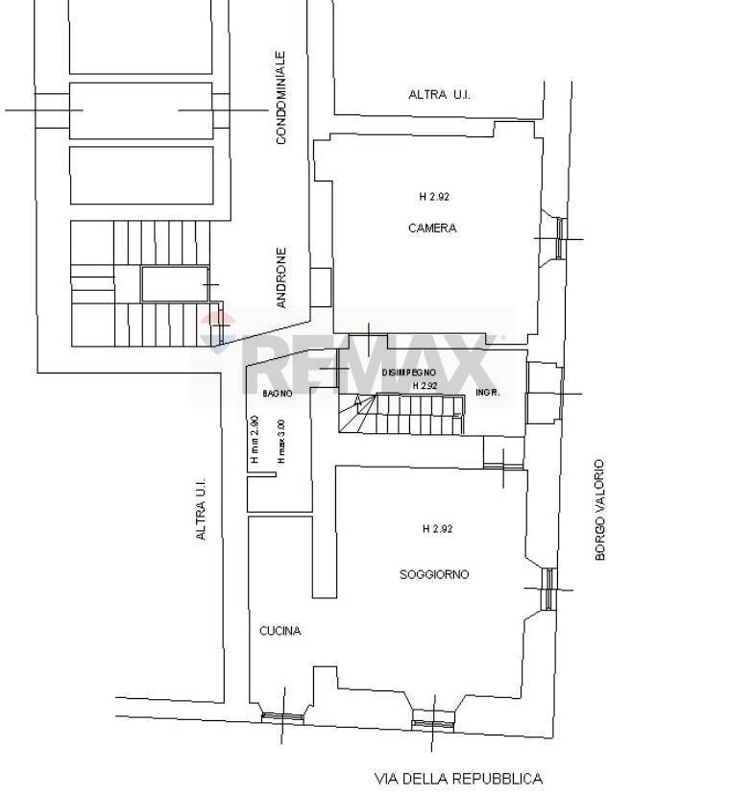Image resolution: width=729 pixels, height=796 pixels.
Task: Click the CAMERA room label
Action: [432, 228]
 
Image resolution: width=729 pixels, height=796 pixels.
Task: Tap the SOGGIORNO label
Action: [434, 574]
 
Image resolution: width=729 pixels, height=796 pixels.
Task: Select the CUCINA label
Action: [279, 631]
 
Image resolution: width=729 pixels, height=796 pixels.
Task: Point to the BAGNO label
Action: [278, 393]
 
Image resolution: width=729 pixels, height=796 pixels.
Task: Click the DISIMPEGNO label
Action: [408, 373]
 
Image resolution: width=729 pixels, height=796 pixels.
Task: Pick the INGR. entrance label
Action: [488, 392]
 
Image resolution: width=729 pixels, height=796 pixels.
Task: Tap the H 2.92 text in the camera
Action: [434, 197]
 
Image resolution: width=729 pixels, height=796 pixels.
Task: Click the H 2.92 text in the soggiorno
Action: [437, 528]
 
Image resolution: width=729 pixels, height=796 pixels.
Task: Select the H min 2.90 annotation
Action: [255, 440]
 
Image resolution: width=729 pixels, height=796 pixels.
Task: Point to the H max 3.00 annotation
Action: [280, 441]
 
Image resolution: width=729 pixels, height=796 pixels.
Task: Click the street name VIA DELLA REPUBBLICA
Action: [458, 778]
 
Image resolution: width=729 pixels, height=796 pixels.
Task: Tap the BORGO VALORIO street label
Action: [599, 510]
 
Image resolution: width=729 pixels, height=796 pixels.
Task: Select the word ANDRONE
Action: [280, 277]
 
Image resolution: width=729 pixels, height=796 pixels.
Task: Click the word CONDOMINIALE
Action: [280, 98]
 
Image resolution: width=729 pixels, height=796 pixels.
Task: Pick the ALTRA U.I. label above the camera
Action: [439, 94]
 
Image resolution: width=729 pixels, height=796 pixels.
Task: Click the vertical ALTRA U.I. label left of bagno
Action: [201, 508]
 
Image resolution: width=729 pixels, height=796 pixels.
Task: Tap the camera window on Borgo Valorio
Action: [561, 238]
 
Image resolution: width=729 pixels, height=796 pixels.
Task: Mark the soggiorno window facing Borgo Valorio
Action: [548, 590]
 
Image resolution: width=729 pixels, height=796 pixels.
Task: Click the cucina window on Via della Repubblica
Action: [282, 718]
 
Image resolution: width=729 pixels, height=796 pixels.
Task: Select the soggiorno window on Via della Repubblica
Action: [432, 725]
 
